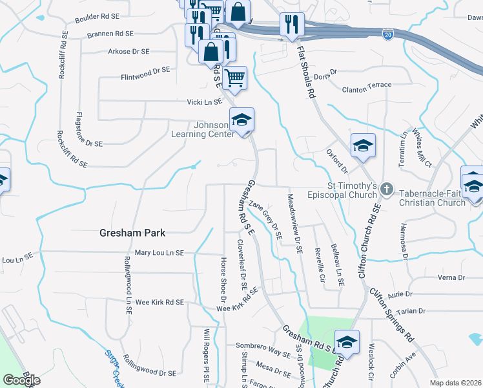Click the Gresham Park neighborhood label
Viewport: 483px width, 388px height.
pos(132,233)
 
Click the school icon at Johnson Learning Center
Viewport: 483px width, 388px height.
pos(242,120)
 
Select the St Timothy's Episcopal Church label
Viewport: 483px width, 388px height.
pos(352,191)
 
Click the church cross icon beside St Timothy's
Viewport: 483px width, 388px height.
pos(386,190)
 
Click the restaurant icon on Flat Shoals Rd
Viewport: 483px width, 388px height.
pos(292,25)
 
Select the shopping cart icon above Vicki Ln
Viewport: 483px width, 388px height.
pos(236,78)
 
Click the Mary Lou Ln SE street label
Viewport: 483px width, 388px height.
pos(159,252)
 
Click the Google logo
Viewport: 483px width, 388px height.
pos(21,380)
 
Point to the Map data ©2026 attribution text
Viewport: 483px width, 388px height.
pos(455,383)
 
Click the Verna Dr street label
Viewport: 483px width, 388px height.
pos(451,277)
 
